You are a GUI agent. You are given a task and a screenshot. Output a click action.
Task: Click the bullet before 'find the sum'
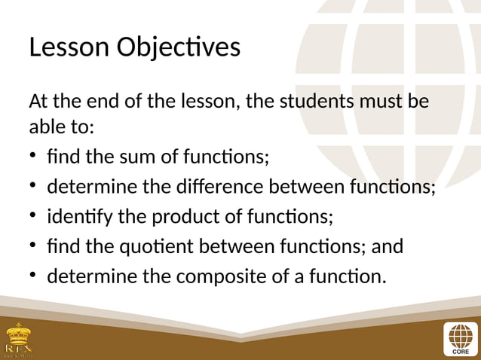pyautogui.click(x=34, y=158)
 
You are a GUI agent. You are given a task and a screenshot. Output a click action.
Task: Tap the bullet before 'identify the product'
pyautogui.click(x=34, y=218)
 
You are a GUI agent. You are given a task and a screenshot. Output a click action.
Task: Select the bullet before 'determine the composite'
pyautogui.click(x=34, y=277)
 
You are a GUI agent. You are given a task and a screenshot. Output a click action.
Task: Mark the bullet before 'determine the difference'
pyautogui.click(x=34, y=188)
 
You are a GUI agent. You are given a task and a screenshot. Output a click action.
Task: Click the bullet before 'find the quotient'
pyautogui.click(x=34, y=247)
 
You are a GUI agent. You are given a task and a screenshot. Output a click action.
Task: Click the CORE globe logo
pyautogui.click(x=459, y=338)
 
